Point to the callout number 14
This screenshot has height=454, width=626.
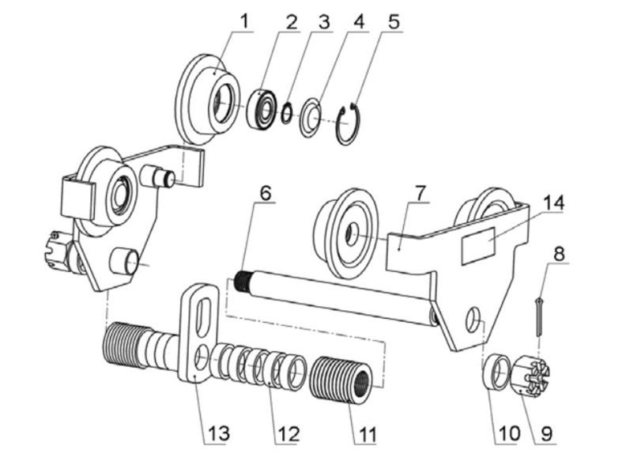(552, 203)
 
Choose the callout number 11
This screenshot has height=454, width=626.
(366, 433)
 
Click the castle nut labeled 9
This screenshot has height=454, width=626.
(530, 374)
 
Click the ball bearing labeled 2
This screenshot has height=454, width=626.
(261, 109)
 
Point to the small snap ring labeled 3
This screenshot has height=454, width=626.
(288, 114)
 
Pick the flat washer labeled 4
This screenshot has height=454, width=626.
(310, 119)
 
